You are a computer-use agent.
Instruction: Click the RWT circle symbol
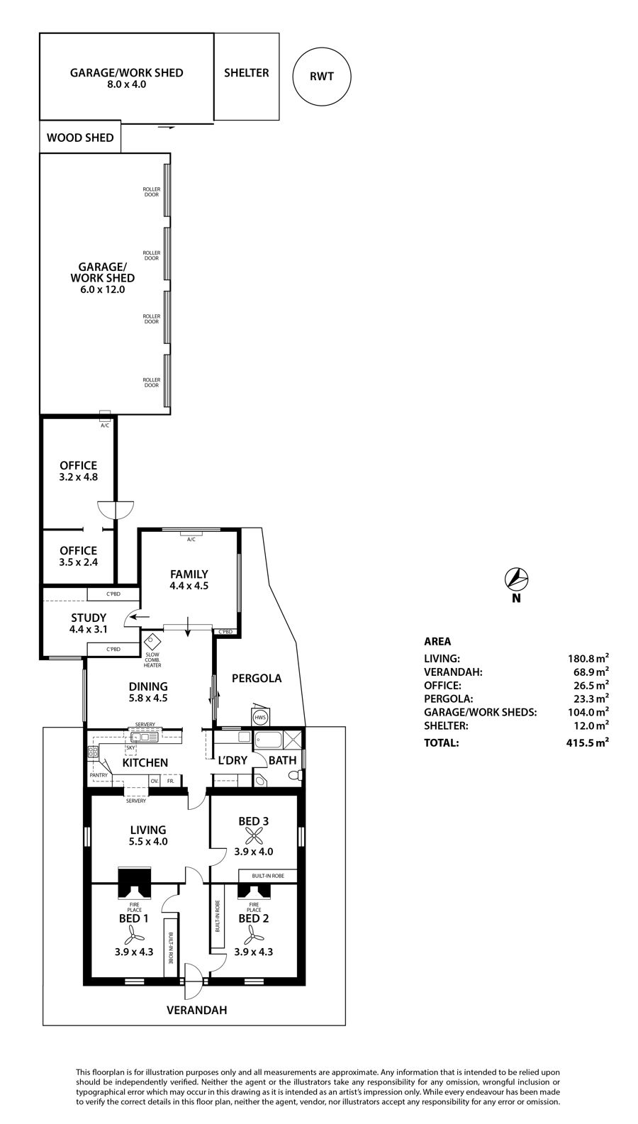point(322,77)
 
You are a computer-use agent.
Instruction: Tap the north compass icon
point(516,579)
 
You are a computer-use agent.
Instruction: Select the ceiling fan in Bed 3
point(253,837)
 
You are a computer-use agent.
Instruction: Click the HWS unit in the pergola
point(260,717)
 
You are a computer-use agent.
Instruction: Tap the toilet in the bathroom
point(296,775)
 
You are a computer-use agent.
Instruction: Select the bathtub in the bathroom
point(269,740)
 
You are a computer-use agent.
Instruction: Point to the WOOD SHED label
point(80,138)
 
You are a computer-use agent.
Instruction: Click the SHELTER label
point(246,73)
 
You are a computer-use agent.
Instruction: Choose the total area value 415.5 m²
point(588,742)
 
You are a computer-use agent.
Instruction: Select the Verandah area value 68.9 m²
point(591,672)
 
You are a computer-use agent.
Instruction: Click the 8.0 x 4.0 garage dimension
point(126,84)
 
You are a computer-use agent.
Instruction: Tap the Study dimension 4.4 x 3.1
point(89,629)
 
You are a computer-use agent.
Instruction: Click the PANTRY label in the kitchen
point(99,775)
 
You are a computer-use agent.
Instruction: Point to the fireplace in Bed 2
point(254,890)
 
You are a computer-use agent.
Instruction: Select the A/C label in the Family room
point(191,540)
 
